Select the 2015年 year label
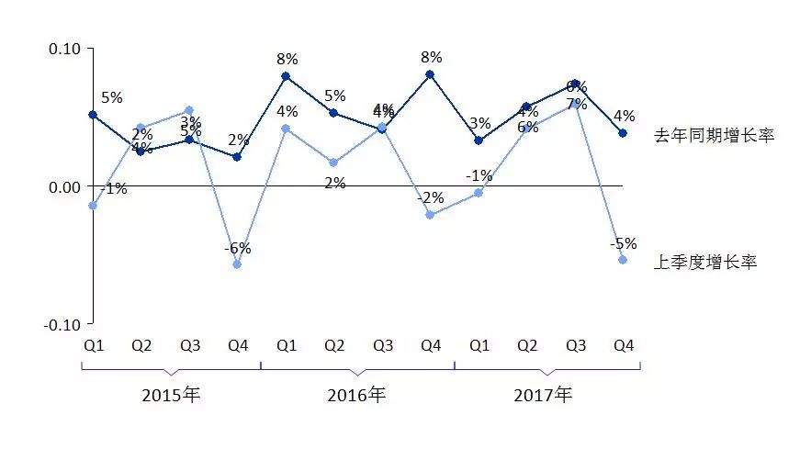tap(171, 396)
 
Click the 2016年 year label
tap(356, 396)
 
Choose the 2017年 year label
tap(542, 396)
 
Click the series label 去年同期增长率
tap(715, 136)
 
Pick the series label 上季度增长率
tap(705, 263)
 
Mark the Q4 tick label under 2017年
tap(624, 346)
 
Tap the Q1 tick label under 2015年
tap(93, 346)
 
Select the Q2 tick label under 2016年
tap(334, 346)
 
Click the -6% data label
tap(237, 248)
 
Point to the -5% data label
tap(624, 243)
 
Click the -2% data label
tap(430, 197)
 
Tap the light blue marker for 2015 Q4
tap(238, 264)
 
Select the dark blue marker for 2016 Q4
tap(430, 74)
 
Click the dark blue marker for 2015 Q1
tap(93, 115)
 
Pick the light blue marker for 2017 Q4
tap(624, 260)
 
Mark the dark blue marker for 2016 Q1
tap(286, 76)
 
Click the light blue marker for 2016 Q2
tap(334, 163)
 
